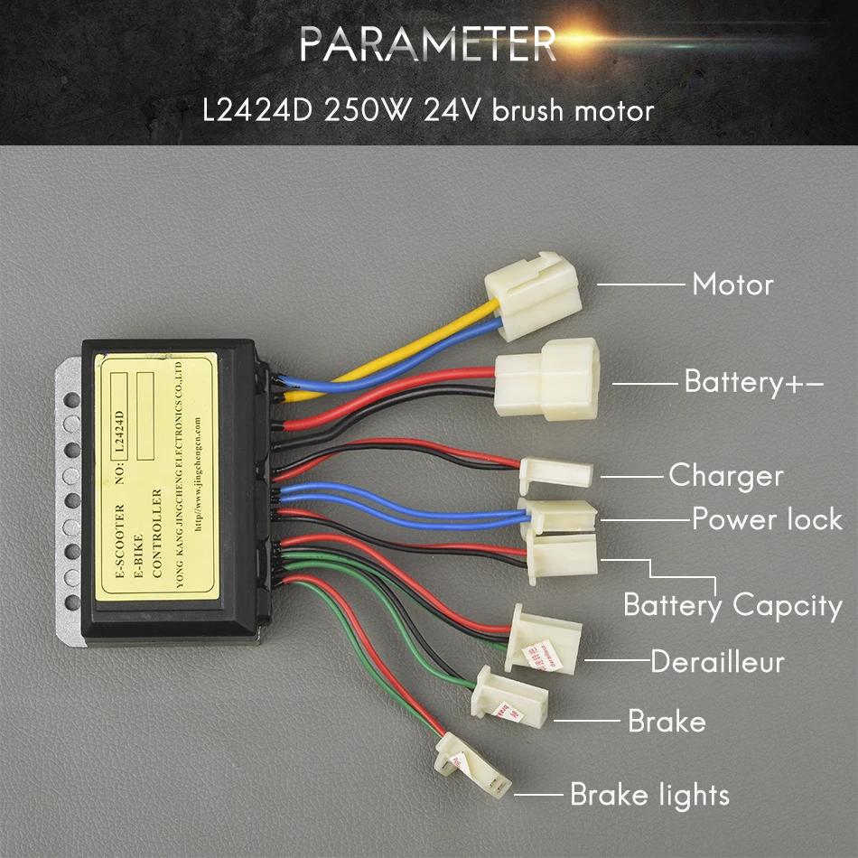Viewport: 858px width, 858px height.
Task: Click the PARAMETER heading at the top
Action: pos(427,43)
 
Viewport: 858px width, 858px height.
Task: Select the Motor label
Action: pos(732,284)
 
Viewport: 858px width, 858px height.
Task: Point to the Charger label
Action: pos(725,475)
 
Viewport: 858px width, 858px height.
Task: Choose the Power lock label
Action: pos(767,519)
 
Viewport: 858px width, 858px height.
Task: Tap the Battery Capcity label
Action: pos(732,605)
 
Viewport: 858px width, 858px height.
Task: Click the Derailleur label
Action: pos(717,662)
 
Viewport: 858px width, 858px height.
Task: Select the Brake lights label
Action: pos(649,795)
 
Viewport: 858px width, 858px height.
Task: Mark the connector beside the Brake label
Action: pos(509,695)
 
